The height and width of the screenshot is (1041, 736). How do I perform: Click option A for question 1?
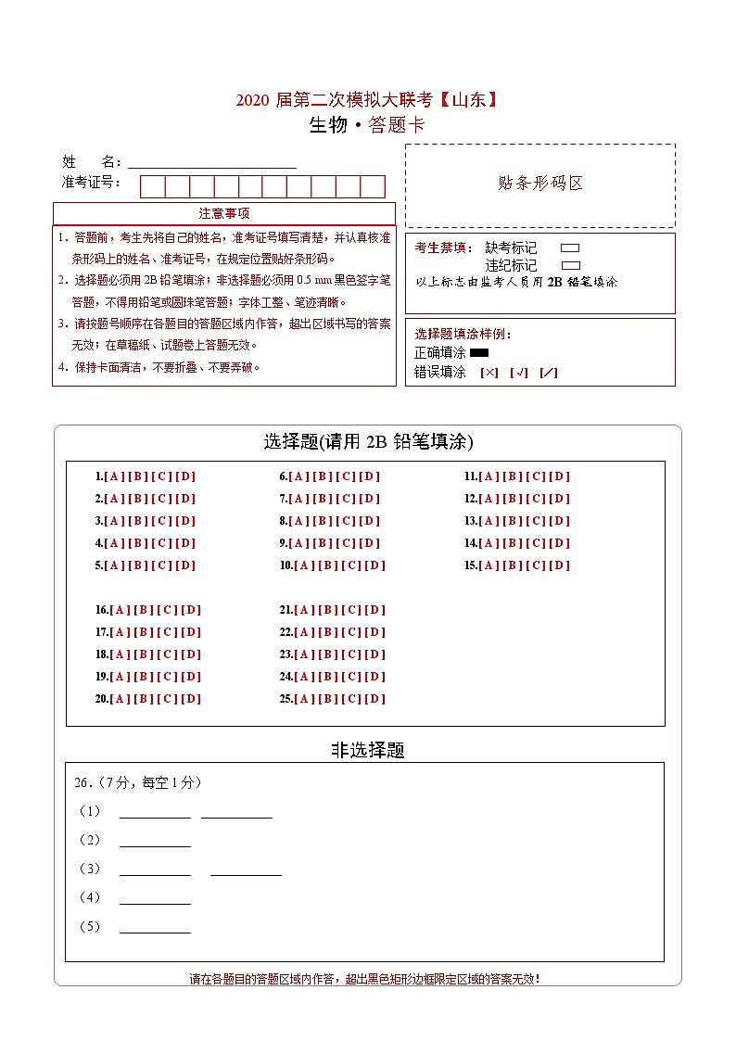114,476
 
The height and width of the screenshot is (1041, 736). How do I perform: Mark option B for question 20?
144,699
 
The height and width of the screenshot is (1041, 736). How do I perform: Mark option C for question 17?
167,632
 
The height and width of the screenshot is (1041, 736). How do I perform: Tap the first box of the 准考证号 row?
152,186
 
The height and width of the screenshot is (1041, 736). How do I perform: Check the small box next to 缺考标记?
570,248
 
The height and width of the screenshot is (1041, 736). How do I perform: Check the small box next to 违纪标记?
570,265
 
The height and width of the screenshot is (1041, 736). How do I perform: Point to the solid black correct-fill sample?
479,352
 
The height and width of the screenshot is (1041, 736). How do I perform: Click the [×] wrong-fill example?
489,373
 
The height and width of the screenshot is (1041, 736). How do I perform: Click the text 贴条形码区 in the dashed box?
540,184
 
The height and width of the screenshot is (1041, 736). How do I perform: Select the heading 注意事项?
224,213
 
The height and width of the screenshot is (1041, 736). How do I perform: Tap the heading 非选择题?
368,750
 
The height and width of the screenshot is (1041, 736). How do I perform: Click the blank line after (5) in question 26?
155,928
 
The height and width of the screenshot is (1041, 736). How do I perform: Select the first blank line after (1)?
155,813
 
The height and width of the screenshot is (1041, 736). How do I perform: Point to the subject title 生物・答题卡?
368,126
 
